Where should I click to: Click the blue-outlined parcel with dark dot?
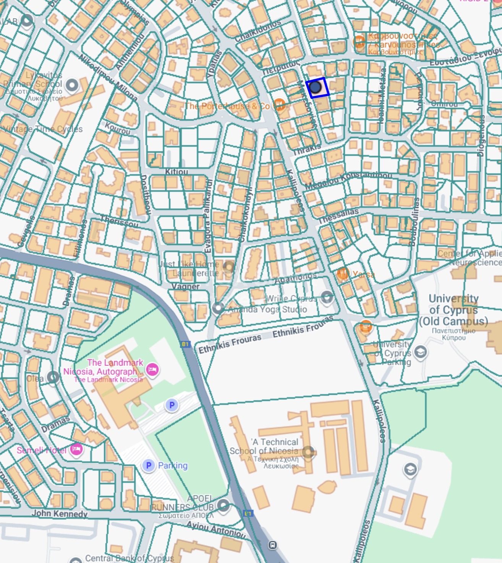point(317,88)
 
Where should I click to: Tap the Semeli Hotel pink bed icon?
point(76,449)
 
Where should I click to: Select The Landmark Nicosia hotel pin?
point(152,369)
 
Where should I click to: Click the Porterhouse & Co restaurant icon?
point(279,104)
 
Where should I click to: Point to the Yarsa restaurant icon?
point(343,273)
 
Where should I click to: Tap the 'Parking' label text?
point(173,466)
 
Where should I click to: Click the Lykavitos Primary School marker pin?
point(72,85)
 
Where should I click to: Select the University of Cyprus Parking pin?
point(420,352)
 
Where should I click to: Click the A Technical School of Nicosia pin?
point(308,452)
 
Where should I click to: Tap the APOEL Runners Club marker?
point(223,506)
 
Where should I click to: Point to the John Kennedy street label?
point(60,514)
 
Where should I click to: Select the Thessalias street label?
point(338,216)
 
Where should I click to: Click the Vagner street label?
point(185,286)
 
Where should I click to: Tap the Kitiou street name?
point(177,172)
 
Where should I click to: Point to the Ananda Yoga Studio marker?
point(218,308)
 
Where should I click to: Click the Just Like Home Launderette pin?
point(228,267)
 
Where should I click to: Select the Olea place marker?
point(53,378)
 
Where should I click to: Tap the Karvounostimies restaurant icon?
point(359,41)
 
